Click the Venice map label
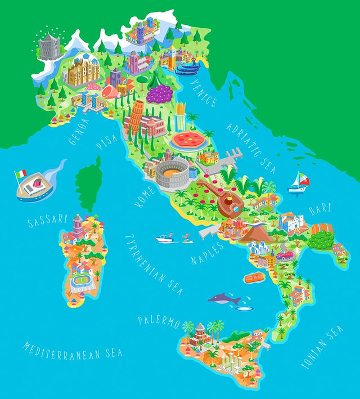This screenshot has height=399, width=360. point(203,93)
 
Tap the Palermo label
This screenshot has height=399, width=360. point(159,321)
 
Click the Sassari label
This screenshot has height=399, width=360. point(47,220)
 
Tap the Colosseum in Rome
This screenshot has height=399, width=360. point(172,173)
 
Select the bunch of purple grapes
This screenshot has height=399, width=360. point(160,93)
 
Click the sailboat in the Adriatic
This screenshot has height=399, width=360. point(298,182)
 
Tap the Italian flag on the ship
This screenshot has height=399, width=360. point(21,173)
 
